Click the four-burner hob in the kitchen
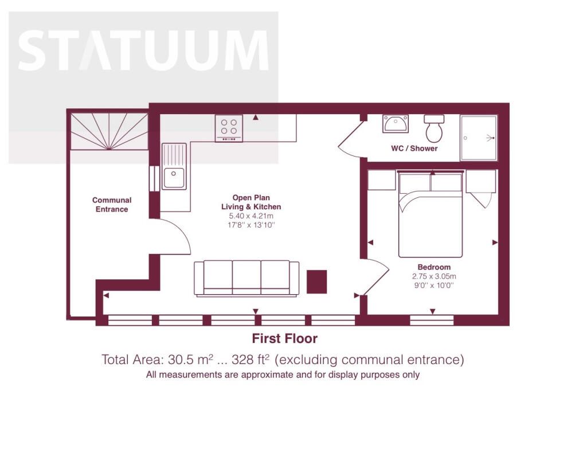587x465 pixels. (229, 128)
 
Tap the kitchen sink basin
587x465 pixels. (174, 178)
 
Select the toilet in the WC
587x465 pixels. (435, 128)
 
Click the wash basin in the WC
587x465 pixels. (396, 123)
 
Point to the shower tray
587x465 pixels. (479, 138)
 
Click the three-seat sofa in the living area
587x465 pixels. (246, 279)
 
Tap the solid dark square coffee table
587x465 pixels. (316, 282)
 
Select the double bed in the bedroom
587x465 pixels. (431, 214)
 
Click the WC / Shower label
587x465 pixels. (414, 149)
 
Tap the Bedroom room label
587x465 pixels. (434, 267)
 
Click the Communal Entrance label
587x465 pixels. (112, 205)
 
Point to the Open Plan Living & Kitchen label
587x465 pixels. (251, 202)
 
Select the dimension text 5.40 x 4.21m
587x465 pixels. (251, 216)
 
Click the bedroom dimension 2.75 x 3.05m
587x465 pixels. (434, 277)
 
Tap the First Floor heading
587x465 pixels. (284, 338)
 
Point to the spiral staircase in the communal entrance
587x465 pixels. (109, 131)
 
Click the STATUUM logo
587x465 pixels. (143, 50)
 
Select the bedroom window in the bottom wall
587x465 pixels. (432, 321)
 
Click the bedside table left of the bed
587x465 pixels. (382, 180)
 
